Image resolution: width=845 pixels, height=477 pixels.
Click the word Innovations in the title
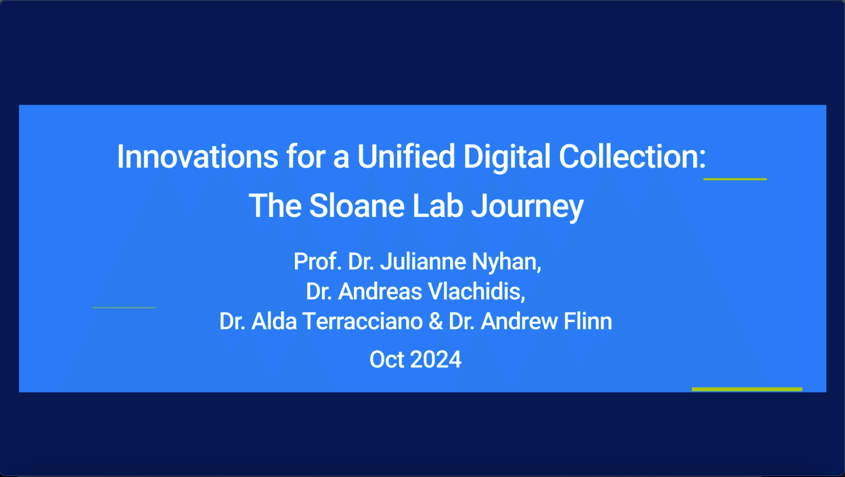198,157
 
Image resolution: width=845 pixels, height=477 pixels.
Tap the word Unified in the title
406,156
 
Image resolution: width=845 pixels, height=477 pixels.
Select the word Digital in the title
507,158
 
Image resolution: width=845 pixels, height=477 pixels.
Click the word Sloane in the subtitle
356,206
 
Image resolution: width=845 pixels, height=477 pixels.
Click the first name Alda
274,321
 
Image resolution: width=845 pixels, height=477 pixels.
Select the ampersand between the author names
436,321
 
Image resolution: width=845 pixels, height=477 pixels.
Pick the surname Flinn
588,321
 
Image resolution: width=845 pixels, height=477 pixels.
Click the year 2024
436,359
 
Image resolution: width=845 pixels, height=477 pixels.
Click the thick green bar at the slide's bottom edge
747,389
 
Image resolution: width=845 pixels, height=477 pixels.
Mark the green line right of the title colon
735,179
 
